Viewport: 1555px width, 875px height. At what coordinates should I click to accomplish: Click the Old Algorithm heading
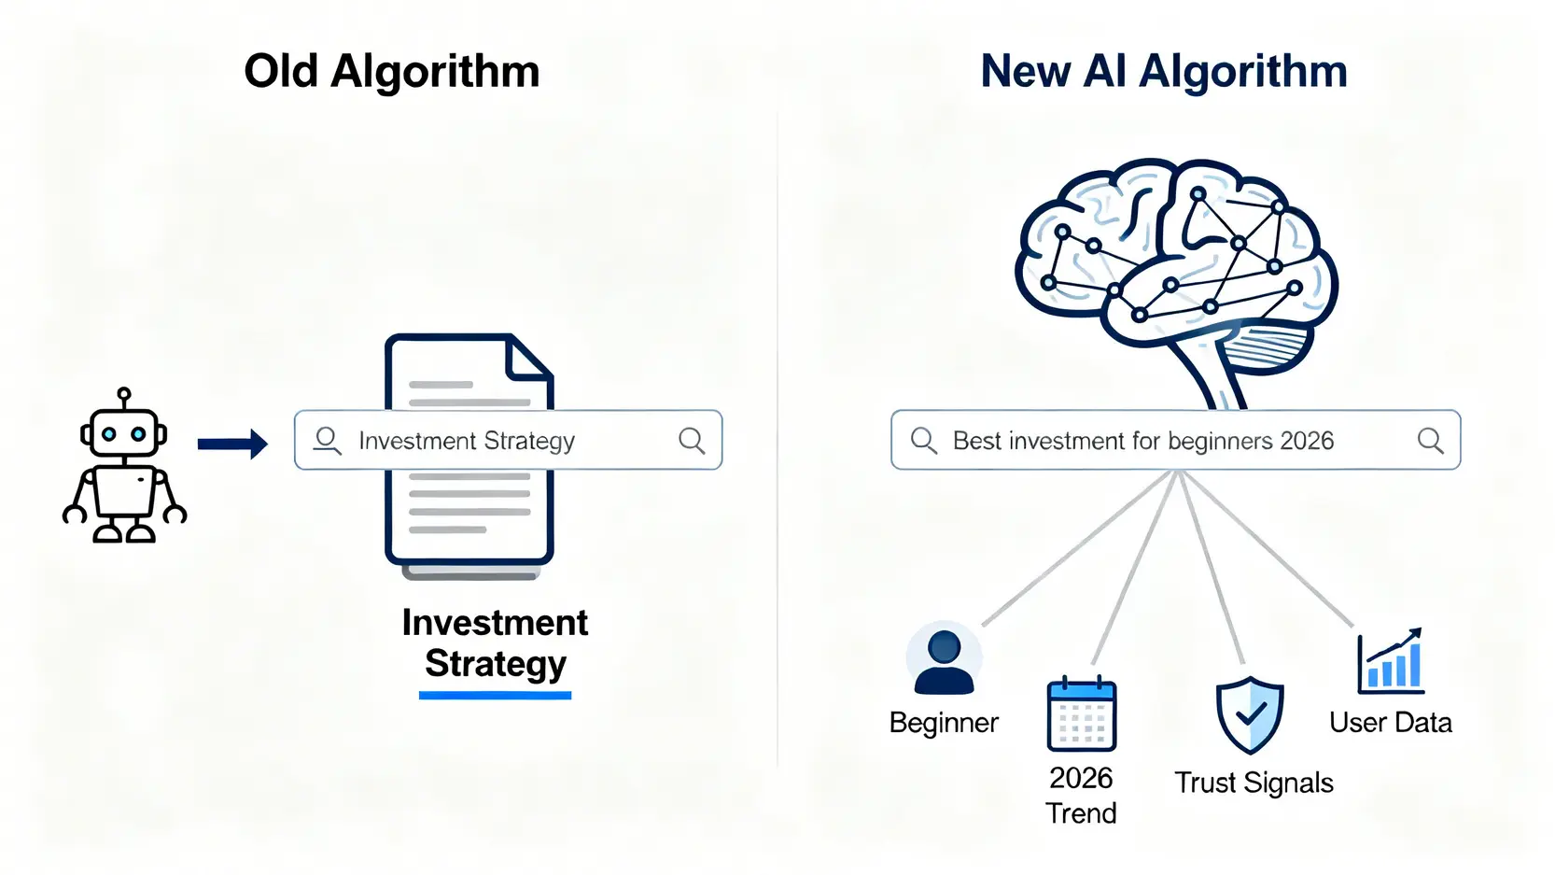pos(391,72)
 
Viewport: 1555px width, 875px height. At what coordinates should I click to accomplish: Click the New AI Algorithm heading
pos(1163,72)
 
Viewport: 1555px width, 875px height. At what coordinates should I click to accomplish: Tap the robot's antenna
pos(124,396)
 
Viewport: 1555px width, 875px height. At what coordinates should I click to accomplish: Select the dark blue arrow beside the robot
pos(232,444)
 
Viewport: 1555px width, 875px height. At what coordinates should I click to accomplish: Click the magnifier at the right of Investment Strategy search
pos(692,440)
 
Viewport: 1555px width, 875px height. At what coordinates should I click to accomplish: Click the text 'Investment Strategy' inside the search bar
pos(466,441)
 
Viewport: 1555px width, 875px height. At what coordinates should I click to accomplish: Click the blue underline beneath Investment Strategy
pos(495,695)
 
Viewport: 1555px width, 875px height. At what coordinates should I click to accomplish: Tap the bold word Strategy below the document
pos(495,664)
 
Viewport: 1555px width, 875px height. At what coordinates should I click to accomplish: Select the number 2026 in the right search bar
pos(1306,441)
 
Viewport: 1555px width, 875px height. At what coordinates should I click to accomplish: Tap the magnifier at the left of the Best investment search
pos(923,440)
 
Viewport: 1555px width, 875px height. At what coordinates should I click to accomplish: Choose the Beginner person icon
pos(944,660)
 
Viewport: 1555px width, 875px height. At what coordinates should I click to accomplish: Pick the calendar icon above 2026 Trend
pos(1081,714)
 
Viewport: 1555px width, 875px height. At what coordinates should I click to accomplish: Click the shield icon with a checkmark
pos(1250,714)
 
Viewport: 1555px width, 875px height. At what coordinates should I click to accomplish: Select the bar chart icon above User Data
pos(1390,661)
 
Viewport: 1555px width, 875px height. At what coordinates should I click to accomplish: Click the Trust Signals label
pos(1254,783)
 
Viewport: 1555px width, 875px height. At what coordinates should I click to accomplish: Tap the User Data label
pos(1390,723)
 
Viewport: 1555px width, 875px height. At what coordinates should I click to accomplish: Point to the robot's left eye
pos(109,434)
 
